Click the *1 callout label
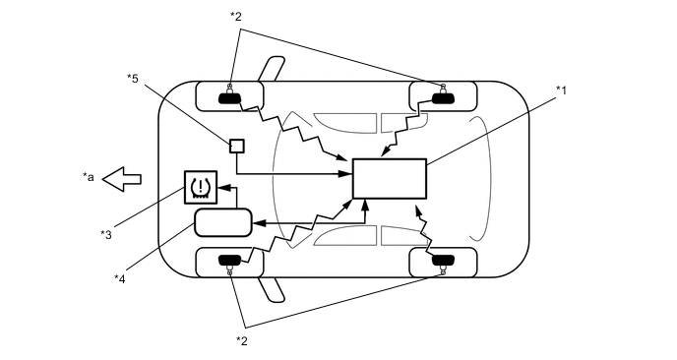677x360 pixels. coord(562,90)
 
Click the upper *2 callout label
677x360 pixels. coord(235,17)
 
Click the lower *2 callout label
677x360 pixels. coord(242,340)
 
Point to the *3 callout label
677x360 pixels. coord(106,233)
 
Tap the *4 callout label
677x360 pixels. coord(120,278)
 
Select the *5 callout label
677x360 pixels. coord(133,77)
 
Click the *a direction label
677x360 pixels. coord(89,178)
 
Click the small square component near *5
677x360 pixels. coord(236,146)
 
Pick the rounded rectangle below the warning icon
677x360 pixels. coord(223,222)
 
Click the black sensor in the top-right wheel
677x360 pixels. coord(442,96)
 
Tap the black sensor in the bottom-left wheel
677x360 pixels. coord(231,261)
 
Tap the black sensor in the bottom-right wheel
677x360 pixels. coord(442,261)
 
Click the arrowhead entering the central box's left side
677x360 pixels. coord(347,173)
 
